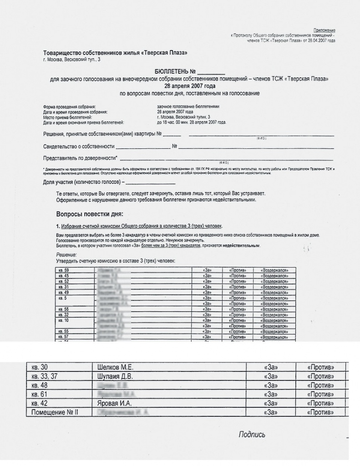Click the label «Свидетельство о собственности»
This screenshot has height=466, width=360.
click(78, 147)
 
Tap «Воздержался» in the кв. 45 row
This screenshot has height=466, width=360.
click(274, 276)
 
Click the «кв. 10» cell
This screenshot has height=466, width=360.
click(64, 320)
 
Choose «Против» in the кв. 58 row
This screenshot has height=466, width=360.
click(237, 309)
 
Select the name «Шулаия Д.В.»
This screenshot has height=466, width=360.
click(117, 377)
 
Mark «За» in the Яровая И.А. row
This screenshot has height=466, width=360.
click(271, 403)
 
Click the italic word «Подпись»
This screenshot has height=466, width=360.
click(252, 435)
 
